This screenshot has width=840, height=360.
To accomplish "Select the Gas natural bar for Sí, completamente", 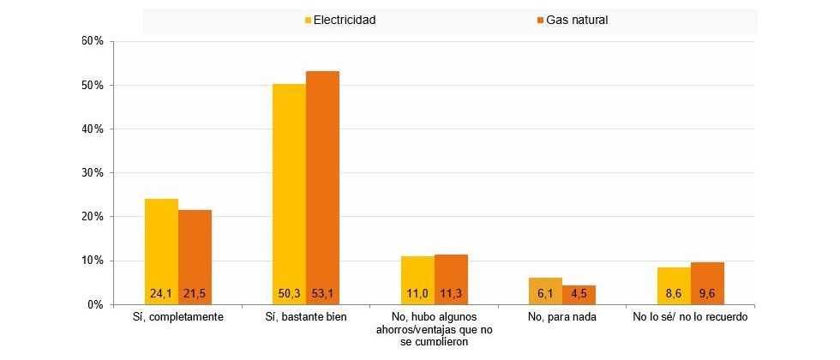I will pyautogui.click(x=195, y=256).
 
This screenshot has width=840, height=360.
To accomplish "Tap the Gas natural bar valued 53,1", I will pyautogui.click(x=322, y=188).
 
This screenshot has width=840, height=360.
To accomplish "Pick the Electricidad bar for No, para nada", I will pyautogui.click(x=545, y=291).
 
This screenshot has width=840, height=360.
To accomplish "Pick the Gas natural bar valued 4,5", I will pyautogui.click(x=579, y=294).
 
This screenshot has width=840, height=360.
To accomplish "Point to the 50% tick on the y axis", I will pyautogui.click(x=92, y=86).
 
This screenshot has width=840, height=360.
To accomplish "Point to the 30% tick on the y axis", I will pyautogui.click(x=92, y=173).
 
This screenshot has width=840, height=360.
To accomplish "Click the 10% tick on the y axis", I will pyautogui.click(x=92, y=261).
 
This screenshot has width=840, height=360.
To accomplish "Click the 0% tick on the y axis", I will pyautogui.click(x=94, y=304).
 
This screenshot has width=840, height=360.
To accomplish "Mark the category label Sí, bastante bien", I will pyautogui.click(x=306, y=316).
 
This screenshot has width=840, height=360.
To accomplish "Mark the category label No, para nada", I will pyautogui.click(x=562, y=316).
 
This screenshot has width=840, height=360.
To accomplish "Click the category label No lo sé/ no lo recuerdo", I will pyautogui.click(x=691, y=316).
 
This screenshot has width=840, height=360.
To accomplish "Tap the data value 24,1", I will pyautogui.click(x=161, y=293).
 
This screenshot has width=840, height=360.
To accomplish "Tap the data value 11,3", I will pyautogui.click(x=451, y=293).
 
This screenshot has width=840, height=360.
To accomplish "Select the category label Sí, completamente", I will pyautogui.click(x=177, y=316).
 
